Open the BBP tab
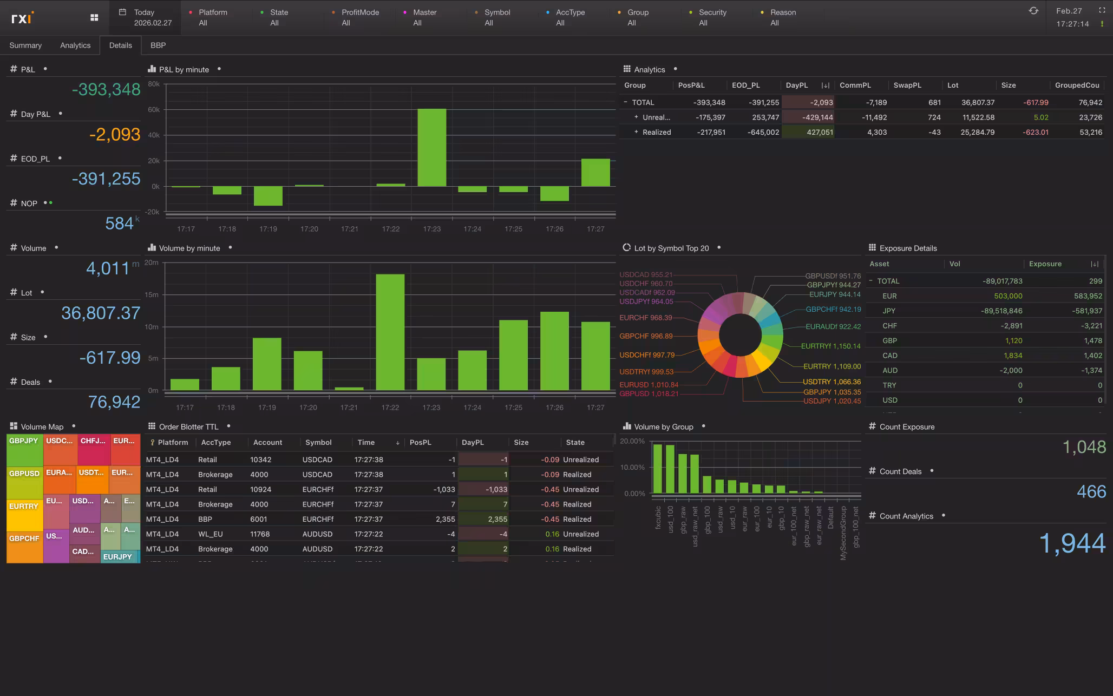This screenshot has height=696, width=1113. pyautogui.click(x=158, y=45)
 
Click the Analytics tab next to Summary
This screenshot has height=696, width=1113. pyautogui.click(x=75, y=45)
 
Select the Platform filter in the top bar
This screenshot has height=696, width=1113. pyautogui.click(x=213, y=17)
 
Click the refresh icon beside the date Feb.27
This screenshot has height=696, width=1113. pyautogui.click(x=1033, y=11)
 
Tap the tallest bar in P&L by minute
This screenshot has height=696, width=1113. pyautogui.click(x=431, y=147)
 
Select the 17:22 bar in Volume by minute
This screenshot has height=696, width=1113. pyautogui.click(x=390, y=331)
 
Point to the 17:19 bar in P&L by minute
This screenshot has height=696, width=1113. pyautogui.click(x=268, y=196)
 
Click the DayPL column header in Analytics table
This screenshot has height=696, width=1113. pyautogui.click(x=797, y=86)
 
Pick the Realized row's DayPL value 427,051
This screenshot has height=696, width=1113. pyautogui.click(x=820, y=132)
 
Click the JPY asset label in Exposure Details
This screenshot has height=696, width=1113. pyautogui.click(x=889, y=311)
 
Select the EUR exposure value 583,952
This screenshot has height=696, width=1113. pyautogui.click(x=1088, y=296)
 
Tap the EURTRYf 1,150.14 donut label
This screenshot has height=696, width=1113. pyautogui.click(x=830, y=346)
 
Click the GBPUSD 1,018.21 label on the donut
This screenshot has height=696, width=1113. pyautogui.click(x=649, y=393)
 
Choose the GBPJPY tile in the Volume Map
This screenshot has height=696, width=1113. pyautogui.click(x=24, y=449)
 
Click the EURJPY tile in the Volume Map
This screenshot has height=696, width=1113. pyautogui.click(x=118, y=556)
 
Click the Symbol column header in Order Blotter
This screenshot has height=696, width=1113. pyautogui.click(x=318, y=442)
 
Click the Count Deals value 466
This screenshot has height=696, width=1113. pyautogui.click(x=1091, y=491)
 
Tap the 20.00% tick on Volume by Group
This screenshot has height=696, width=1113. pyautogui.click(x=632, y=441)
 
